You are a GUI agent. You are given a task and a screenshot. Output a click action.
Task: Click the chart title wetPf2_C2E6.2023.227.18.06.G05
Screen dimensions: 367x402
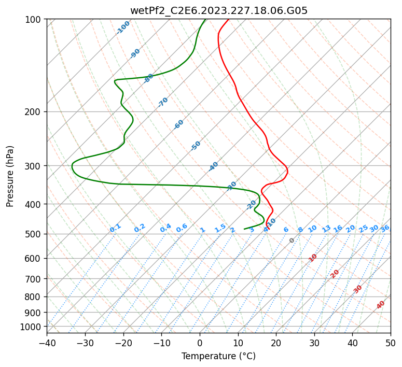point(218,10)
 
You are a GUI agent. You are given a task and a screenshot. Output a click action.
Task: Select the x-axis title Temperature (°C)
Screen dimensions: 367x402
point(218,356)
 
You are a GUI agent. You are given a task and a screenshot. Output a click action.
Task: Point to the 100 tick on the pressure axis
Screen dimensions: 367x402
point(34,19)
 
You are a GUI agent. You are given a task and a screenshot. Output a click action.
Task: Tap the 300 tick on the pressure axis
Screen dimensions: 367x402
point(34,166)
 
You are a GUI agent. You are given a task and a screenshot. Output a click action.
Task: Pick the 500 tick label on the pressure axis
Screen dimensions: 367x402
point(34,234)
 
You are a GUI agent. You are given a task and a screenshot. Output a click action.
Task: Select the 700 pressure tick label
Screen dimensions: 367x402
point(34,279)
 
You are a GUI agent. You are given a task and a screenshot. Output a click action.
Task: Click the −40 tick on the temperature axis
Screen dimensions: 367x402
point(47,343)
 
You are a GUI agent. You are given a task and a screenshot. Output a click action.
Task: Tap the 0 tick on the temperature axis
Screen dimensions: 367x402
point(200,343)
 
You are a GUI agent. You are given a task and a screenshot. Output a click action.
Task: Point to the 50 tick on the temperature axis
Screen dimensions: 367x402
point(391,343)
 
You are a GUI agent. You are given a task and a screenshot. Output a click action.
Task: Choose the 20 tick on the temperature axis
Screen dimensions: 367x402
point(276,343)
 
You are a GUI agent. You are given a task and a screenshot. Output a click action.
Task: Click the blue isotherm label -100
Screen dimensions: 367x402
point(123,27)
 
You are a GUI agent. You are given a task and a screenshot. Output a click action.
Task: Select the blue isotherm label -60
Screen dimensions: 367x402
point(179,124)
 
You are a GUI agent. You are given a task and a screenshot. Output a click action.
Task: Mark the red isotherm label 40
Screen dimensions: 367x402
point(381,305)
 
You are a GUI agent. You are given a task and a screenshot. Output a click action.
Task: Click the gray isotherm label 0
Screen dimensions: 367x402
point(292,241)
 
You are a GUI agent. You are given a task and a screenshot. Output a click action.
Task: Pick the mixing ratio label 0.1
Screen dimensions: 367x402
point(115,228)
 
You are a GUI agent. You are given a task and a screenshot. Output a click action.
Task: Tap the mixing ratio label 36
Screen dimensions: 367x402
point(385,228)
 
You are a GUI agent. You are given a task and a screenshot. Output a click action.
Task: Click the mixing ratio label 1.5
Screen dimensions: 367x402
point(220,228)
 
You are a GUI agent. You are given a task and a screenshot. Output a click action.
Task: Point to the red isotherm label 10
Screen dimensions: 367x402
point(313,258)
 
